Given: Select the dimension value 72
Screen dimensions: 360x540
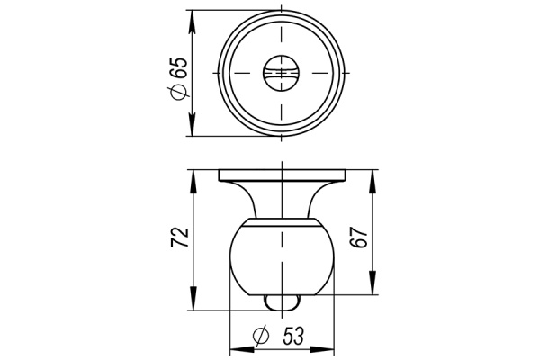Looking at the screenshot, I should tap(180, 237).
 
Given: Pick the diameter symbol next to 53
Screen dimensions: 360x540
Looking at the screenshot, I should tap(262, 337).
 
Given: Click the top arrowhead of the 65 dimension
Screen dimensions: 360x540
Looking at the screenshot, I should tap(192, 14).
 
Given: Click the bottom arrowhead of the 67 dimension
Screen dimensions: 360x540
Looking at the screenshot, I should tap(373, 290).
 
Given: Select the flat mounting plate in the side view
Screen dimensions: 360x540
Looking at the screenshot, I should tap(283, 175).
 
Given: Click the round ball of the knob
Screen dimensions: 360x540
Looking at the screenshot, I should tap(283, 257).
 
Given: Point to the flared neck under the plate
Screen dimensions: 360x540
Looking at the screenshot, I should tap(283, 198).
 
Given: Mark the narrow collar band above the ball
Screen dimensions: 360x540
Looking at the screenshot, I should tap(283, 218).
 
